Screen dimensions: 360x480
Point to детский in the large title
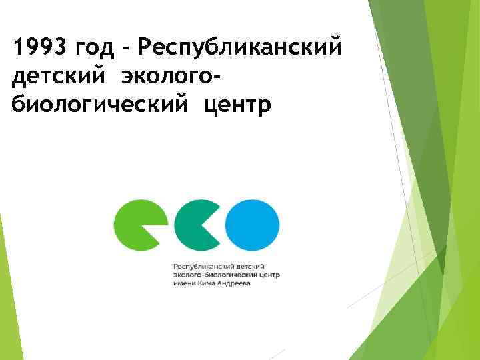coord(59,78)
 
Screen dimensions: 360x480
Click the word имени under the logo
coord(184,283)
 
